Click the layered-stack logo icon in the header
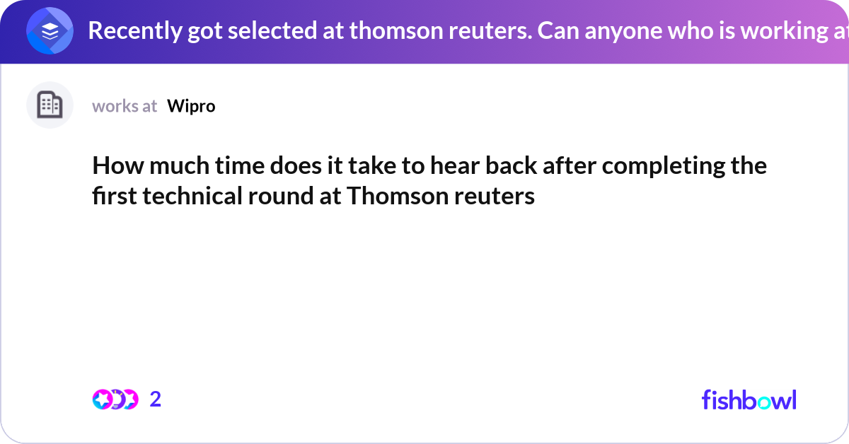tap(50, 31)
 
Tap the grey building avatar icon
tap(50, 105)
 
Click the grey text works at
tap(125, 106)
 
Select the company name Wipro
tap(191, 106)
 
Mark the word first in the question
tap(115, 196)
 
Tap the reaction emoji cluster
tap(115, 399)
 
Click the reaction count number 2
tap(156, 399)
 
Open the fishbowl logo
tap(749, 399)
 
